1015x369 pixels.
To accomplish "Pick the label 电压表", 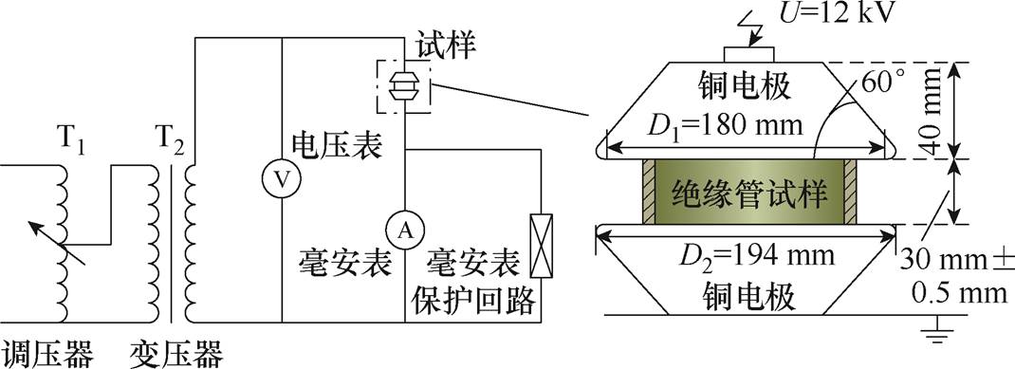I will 323,147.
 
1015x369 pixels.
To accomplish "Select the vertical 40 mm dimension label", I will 987,110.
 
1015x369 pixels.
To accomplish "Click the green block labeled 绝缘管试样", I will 749,195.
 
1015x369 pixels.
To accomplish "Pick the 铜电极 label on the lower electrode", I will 749,296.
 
